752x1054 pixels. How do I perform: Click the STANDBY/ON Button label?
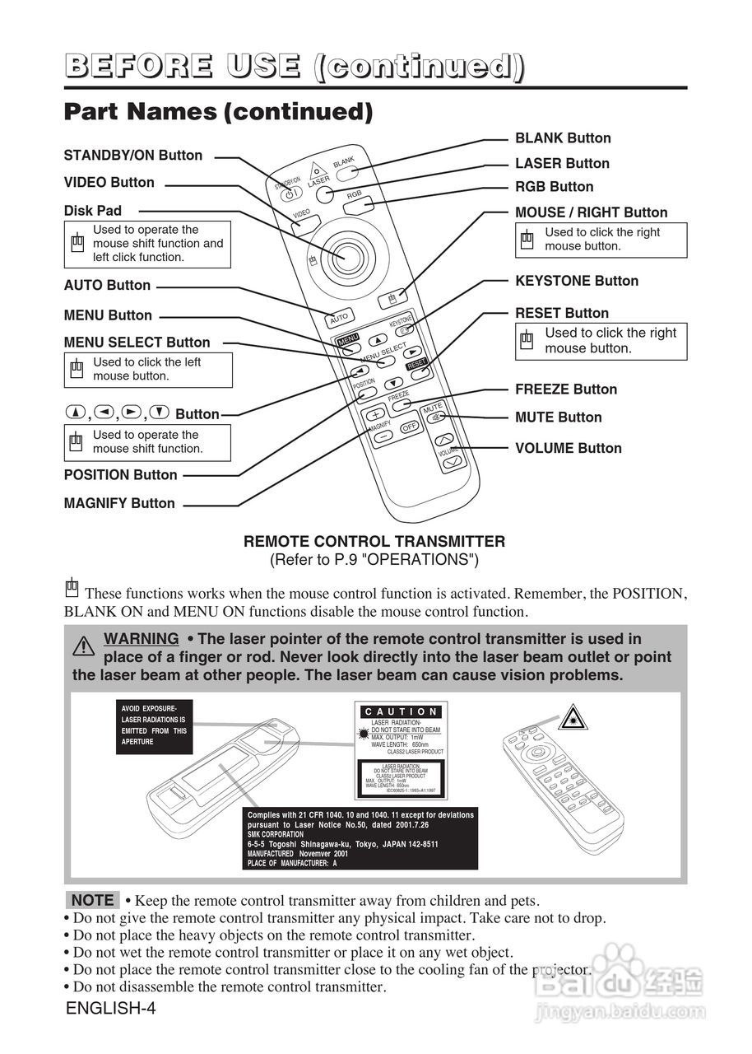pos(133,156)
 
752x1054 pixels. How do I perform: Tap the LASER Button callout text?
pos(562,164)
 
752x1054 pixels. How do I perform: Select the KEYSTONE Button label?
pos(577,281)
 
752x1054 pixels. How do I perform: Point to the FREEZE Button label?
pos(566,389)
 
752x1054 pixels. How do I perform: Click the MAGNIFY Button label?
pos(119,503)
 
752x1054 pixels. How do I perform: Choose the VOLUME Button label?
pos(569,449)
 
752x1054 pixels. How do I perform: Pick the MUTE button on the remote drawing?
pos(433,417)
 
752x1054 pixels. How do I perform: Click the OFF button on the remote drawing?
pos(409,427)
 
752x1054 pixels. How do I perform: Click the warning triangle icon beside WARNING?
pos(83,646)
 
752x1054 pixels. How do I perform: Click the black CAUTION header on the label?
pos(402,711)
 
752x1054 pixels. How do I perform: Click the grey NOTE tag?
pos(92,900)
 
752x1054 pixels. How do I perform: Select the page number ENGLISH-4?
pos(110,1009)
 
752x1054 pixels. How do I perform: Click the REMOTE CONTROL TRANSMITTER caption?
pos(374,542)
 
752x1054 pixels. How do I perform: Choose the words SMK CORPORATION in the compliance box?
pos(276,834)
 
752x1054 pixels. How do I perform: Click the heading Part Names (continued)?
pos(218,112)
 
